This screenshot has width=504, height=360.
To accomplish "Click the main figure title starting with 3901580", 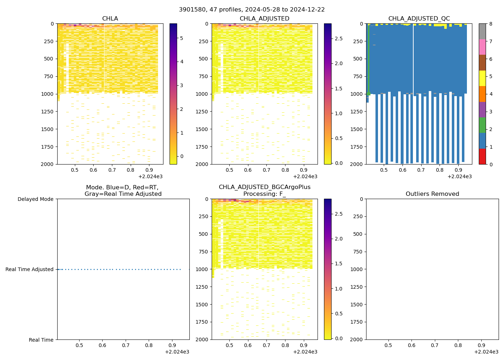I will click(x=252, y=10).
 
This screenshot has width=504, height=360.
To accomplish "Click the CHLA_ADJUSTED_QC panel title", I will click(x=419, y=19).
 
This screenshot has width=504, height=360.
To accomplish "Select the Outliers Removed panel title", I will click(x=432, y=194).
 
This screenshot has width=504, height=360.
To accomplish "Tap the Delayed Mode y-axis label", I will click(x=35, y=199).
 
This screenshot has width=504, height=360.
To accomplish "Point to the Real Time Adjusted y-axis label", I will click(x=29, y=269).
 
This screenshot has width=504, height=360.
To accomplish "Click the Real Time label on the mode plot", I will click(x=41, y=340).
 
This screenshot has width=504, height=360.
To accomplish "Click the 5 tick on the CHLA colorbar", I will click(x=181, y=38).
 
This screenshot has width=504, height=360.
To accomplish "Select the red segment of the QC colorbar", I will click(x=482, y=157).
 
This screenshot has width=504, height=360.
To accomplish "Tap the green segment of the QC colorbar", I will click(x=482, y=125).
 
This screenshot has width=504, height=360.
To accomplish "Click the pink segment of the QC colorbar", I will click(x=482, y=47).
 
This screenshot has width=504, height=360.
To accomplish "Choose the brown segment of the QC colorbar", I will click(x=482, y=63).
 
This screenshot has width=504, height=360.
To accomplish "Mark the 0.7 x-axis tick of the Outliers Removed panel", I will click(x=435, y=345).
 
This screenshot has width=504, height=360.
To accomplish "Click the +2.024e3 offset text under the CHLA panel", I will click(x=150, y=176).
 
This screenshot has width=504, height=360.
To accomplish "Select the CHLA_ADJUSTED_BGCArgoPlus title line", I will click(x=264, y=187).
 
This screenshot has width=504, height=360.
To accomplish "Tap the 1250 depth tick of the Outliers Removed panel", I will click(x=356, y=287).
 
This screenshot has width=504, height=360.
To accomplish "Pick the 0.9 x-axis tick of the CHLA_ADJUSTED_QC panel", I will click(x=458, y=170).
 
